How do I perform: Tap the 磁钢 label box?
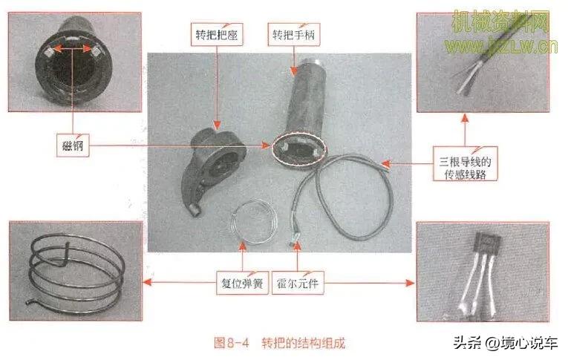click(72, 145)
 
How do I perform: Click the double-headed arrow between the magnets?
click(74, 50)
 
